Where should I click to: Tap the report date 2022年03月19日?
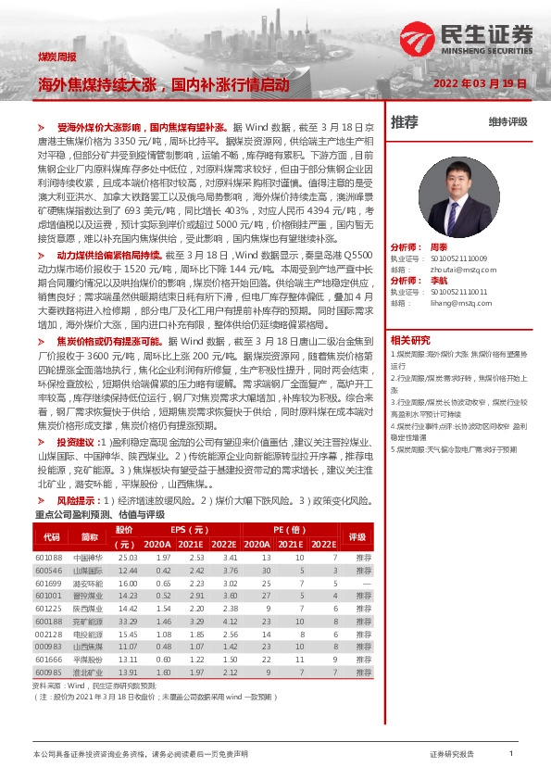click(x=481, y=83)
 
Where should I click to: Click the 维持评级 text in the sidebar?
click(x=507, y=122)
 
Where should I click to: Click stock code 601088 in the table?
click(x=48, y=559)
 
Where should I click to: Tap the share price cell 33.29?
click(x=127, y=621)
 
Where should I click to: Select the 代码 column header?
click(x=52, y=537)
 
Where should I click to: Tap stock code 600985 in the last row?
click(x=48, y=672)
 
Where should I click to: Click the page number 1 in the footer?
click(x=511, y=755)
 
